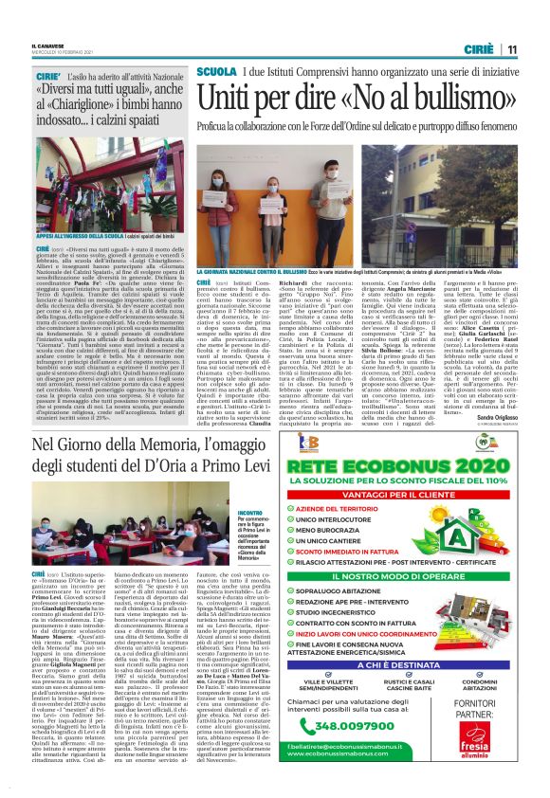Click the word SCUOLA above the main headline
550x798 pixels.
tap(216, 72)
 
